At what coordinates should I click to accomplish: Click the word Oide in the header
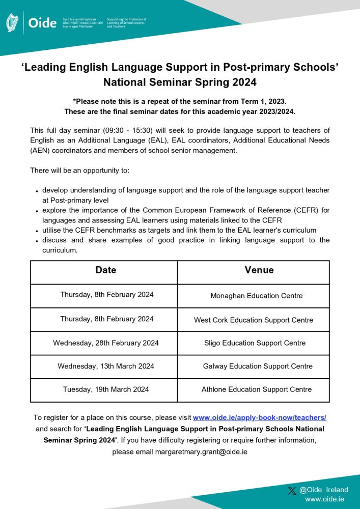[x=42, y=23]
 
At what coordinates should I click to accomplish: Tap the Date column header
[x=106, y=270]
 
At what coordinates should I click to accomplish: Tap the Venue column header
[x=259, y=270]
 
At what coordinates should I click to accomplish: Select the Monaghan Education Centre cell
[x=257, y=296]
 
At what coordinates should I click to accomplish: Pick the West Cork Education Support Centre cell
[x=254, y=320]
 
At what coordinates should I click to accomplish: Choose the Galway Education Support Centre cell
[x=258, y=366]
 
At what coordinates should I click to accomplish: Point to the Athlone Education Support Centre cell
[x=257, y=389]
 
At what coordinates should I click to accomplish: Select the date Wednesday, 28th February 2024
[x=106, y=343]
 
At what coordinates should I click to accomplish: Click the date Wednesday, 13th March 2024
[x=106, y=366]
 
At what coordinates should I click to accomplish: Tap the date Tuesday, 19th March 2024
[x=106, y=389]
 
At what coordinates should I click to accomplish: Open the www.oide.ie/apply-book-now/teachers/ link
[x=259, y=417]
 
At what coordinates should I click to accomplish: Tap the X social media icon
[x=292, y=490]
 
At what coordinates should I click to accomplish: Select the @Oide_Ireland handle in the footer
[x=324, y=490]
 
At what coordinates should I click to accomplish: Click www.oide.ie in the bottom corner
[x=325, y=500]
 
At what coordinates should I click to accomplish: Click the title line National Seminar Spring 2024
[x=180, y=82]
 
